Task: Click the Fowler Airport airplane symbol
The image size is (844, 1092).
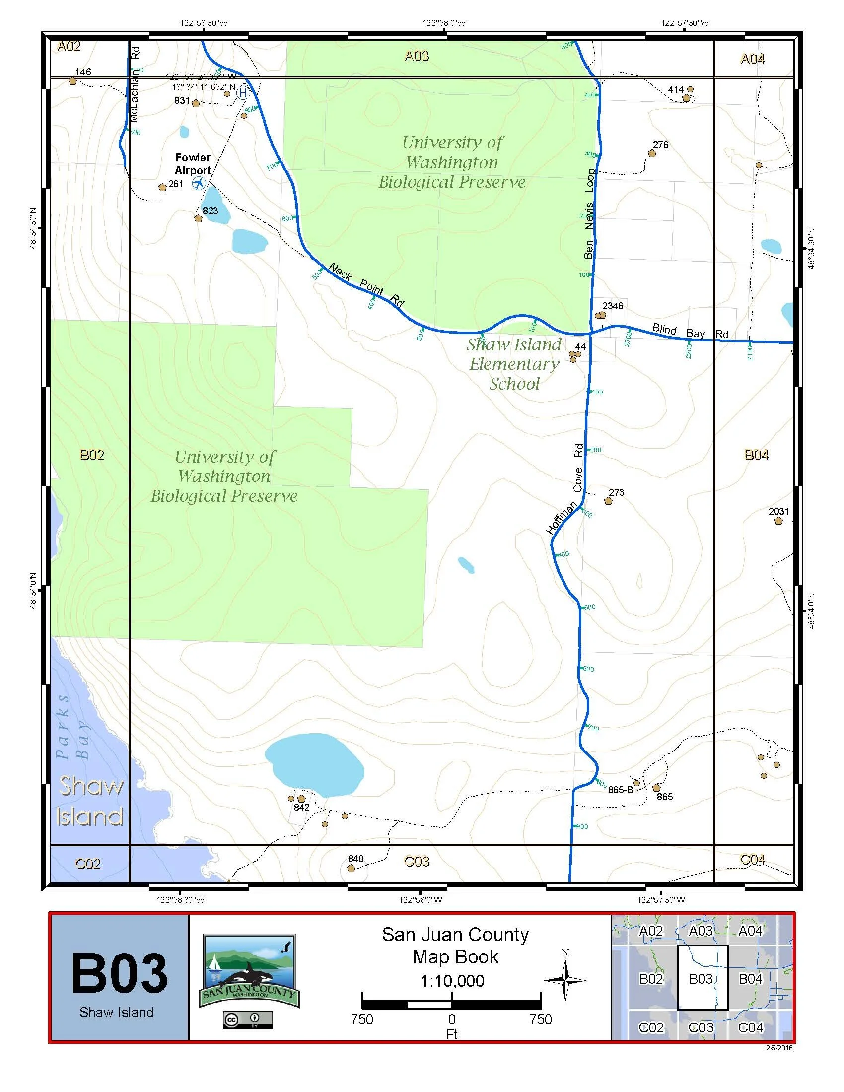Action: point(199,184)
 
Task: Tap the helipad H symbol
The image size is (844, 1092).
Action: point(243,93)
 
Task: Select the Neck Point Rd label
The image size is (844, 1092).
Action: point(366,285)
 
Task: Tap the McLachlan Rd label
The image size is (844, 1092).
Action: point(135,84)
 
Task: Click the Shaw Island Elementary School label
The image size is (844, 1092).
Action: point(514,364)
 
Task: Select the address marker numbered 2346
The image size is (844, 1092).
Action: point(600,315)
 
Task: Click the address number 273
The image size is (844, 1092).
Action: point(616,492)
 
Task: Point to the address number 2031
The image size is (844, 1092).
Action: point(778,511)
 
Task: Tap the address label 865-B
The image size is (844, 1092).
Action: point(621,790)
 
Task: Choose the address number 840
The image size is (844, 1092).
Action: point(355,859)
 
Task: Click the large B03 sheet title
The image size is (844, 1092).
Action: point(119,973)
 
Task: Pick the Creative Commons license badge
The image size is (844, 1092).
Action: point(248,1020)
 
